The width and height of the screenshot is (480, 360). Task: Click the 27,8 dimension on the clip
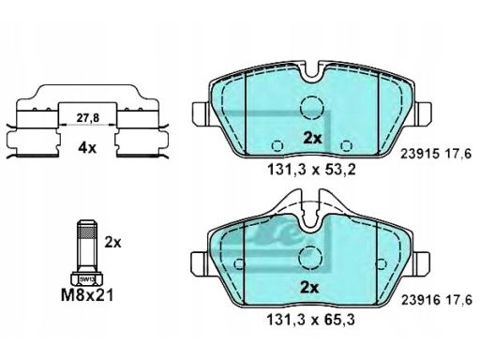pyautogui.click(x=87, y=118)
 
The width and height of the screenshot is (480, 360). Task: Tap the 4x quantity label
pyautogui.click(x=87, y=148)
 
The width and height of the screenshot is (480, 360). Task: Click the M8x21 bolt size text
pyautogui.click(x=87, y=295)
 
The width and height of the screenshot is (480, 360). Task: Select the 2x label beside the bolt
pyautogui.click(x=112, y=242)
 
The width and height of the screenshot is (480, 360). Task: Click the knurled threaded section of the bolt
pyautogui.click(x=86, y=232)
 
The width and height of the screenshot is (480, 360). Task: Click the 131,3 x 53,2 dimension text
pyautogui.click(x=311, y=170)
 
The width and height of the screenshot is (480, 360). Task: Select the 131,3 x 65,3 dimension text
pyautogui.click(x=311, y=320)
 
